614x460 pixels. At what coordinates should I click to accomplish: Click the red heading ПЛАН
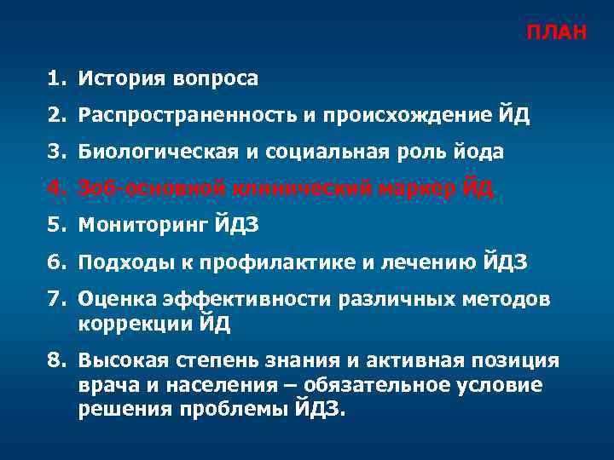(556, 33)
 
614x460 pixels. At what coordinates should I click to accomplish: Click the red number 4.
(56, 189)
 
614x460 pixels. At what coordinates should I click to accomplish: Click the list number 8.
(56, 360)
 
